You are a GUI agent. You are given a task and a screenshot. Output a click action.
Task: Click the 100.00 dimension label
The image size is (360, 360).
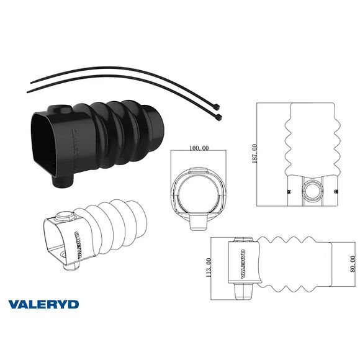point(197,148)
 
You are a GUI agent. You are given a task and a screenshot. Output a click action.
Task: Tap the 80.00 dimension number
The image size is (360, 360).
point(353,263)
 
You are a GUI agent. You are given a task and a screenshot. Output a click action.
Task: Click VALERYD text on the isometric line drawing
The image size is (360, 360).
point(78,246)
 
